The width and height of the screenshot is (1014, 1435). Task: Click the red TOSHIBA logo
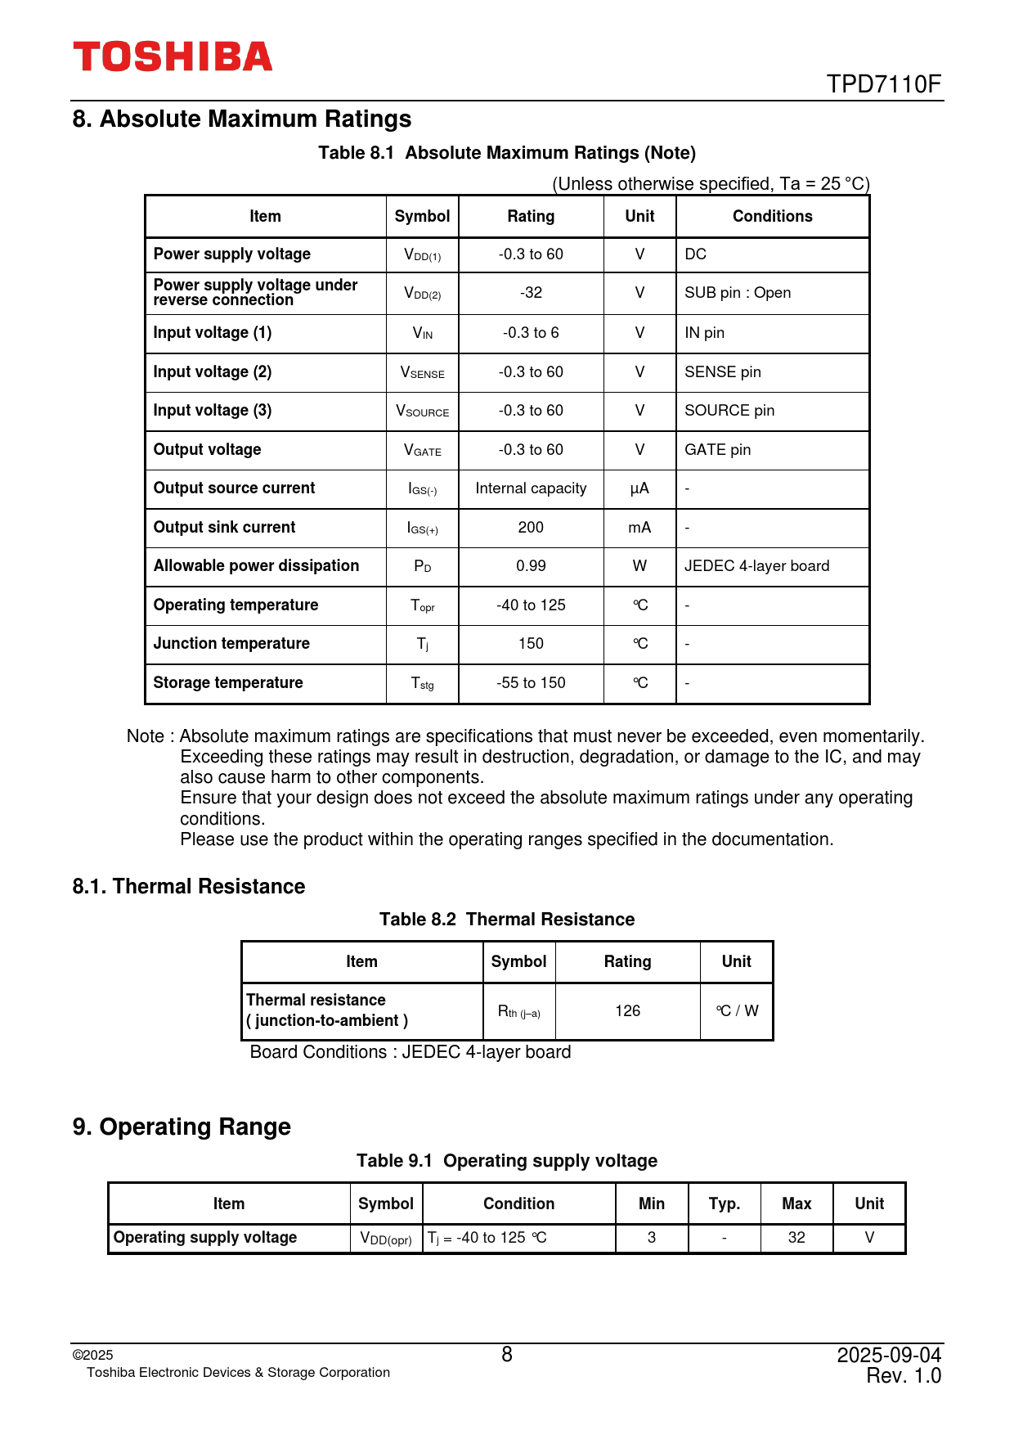(x=173, y=56)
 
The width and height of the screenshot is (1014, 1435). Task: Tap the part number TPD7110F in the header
(x=883, y=84)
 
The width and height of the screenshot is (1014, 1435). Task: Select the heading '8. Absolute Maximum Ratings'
(x=242, y=119)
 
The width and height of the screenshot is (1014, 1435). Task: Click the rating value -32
(x=531, y=293)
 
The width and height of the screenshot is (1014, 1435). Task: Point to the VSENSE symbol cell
(x=422, y=372)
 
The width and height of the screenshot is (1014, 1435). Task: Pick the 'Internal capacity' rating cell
(x=531, y=488)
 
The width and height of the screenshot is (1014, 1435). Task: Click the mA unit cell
(x=639, y=528)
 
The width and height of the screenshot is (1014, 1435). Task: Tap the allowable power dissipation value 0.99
(x=531, y=566)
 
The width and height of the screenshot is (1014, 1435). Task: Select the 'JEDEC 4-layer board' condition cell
(x=756, y=566)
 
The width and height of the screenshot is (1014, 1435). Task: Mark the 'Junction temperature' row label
(x=231, y=644)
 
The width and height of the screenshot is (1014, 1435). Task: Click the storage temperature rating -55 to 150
(x=531, y=683)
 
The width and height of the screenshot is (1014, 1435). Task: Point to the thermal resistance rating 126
(x=627, y=1011)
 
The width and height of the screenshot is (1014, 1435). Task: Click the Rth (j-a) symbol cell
(x=518, y=1012)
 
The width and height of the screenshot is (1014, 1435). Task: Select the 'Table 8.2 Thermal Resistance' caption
(x=507, y=920)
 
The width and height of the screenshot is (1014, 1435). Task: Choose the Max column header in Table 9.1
(x=796, y=1203)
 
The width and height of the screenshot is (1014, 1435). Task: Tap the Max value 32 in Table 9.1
(x=796, y=1238)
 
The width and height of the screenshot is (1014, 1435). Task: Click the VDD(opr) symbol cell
(x=386, y=1239)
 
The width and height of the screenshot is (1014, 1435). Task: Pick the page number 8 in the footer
(x=507, y=1355)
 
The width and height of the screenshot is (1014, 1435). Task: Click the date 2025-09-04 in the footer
(x=889, y=1355)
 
